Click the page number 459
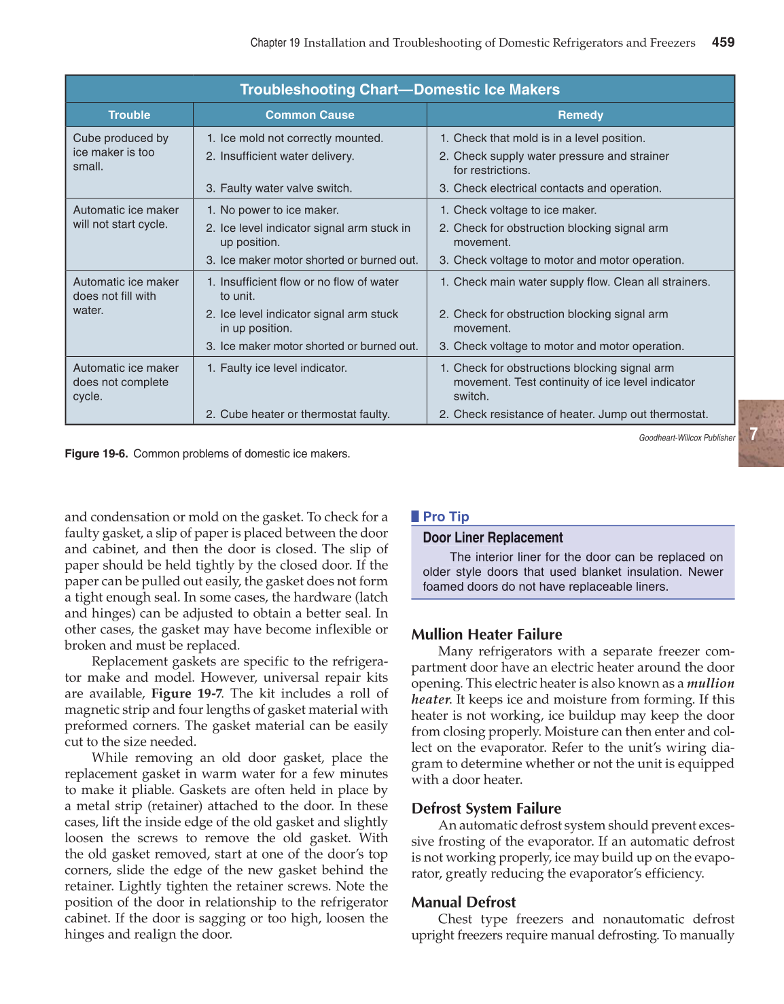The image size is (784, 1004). coord(723,42)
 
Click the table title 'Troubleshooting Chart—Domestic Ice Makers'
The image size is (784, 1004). coord(399,90)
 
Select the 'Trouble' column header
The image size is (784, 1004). coord(129,115)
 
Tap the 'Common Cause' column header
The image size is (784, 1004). coord(310,115)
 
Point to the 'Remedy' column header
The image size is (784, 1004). coord(580,115)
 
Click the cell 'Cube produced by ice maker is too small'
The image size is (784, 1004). coord(120,152)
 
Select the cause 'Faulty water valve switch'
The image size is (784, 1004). coord(285,188)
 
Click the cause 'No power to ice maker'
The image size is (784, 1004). coord(279,210)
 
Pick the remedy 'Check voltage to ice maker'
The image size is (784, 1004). coord(524,210)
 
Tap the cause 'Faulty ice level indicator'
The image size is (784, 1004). coord(283,368)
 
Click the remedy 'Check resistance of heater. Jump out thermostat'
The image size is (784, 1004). coord(580,414)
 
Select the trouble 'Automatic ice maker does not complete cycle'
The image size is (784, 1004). coord(125,382)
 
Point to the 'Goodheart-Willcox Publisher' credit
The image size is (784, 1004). coord(686,438)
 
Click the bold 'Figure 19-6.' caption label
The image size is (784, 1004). coord(96,453)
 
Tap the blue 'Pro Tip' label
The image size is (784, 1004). coord(445,517)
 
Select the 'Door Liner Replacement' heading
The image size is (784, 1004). coord(493,538)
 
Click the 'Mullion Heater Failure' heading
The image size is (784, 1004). coord(486,634)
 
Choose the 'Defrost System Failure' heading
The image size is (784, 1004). coord(486,808)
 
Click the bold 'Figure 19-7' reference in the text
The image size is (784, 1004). coord(186,693)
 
